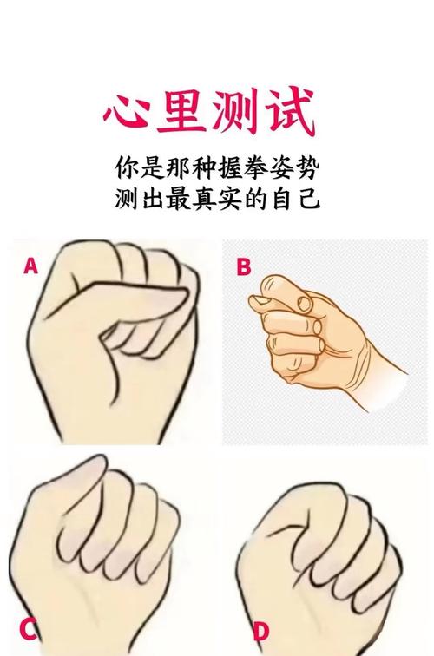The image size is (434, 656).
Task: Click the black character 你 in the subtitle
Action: pyautogui.click(x=126, y=166)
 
